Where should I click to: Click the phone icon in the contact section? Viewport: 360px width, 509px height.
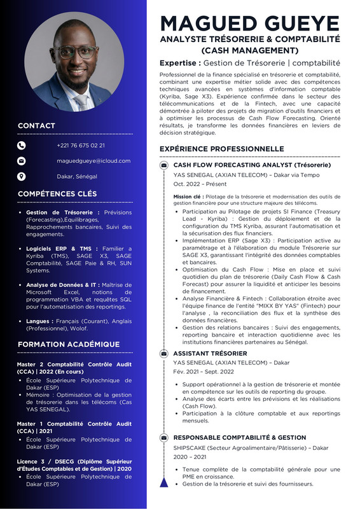21,145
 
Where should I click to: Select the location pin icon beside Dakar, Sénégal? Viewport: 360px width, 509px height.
21,176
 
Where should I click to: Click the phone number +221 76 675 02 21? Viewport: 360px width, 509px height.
81,145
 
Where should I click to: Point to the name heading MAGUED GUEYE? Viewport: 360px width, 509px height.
249,23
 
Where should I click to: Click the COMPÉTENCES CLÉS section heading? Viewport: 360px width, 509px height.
57,193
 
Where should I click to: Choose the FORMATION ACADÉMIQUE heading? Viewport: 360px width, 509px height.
68,344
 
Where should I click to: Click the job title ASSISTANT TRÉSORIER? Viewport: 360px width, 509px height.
210,353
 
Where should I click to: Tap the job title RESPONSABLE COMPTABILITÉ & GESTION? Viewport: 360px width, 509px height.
240,438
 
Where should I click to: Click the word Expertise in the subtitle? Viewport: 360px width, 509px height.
180,63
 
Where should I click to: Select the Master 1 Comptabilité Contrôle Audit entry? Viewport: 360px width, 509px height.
74,427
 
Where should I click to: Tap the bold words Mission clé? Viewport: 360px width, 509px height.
188,197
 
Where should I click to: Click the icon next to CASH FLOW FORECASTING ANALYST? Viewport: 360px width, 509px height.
164,165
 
